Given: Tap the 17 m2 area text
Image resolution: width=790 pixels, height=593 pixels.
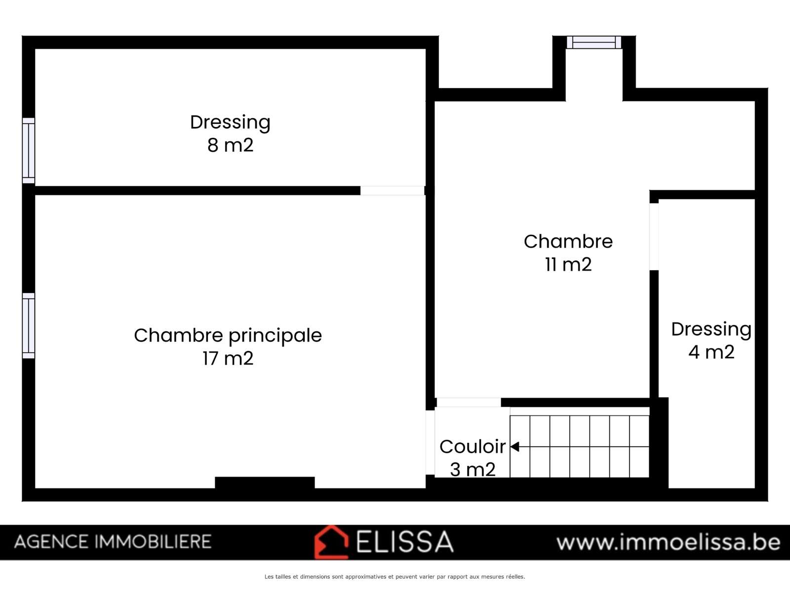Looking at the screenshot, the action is click(x=228, y=359).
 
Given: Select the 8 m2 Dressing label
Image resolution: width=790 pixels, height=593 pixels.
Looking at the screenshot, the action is click(x=230, y=123).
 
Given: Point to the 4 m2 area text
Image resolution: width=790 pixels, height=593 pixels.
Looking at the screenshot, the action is click(x=711, y=352).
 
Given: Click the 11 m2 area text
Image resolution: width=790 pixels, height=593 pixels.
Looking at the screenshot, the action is click(x=568, y=265).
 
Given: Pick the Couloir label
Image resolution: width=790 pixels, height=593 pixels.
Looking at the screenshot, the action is click(x=473, y=447).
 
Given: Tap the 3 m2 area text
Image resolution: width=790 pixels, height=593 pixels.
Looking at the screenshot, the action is click(x=473, y=469).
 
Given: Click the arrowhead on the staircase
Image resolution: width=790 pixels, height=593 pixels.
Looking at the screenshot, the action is click(x=514, y=447).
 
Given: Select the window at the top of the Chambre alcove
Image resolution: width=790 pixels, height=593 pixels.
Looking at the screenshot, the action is click(x=594, y=42).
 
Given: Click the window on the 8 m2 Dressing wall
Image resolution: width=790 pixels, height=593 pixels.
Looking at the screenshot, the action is click(x=29, y=151).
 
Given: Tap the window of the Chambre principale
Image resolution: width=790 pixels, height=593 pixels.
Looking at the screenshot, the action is click(x=29, y=326).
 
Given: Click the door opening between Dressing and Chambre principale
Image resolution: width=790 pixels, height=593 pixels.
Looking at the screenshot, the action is click(x=393, y=190).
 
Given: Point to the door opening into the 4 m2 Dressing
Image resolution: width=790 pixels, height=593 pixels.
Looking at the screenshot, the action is click(x=654, y=237).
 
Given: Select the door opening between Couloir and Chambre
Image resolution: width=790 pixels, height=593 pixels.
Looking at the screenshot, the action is click(x=469, y=402).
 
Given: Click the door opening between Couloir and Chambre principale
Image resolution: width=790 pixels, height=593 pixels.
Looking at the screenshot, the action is click(x=430, y=442).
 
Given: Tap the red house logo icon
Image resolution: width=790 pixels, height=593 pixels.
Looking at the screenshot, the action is click(x=331, y=542).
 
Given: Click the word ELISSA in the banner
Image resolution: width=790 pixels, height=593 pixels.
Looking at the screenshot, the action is click(x=404, y=542).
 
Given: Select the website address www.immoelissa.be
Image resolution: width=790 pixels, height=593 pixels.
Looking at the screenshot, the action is click(x=669, y=542).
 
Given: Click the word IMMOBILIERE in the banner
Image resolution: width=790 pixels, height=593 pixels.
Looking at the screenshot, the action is click(x=153, y=542).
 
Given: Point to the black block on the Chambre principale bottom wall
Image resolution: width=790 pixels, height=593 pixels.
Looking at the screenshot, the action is click(x=265, y=482).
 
